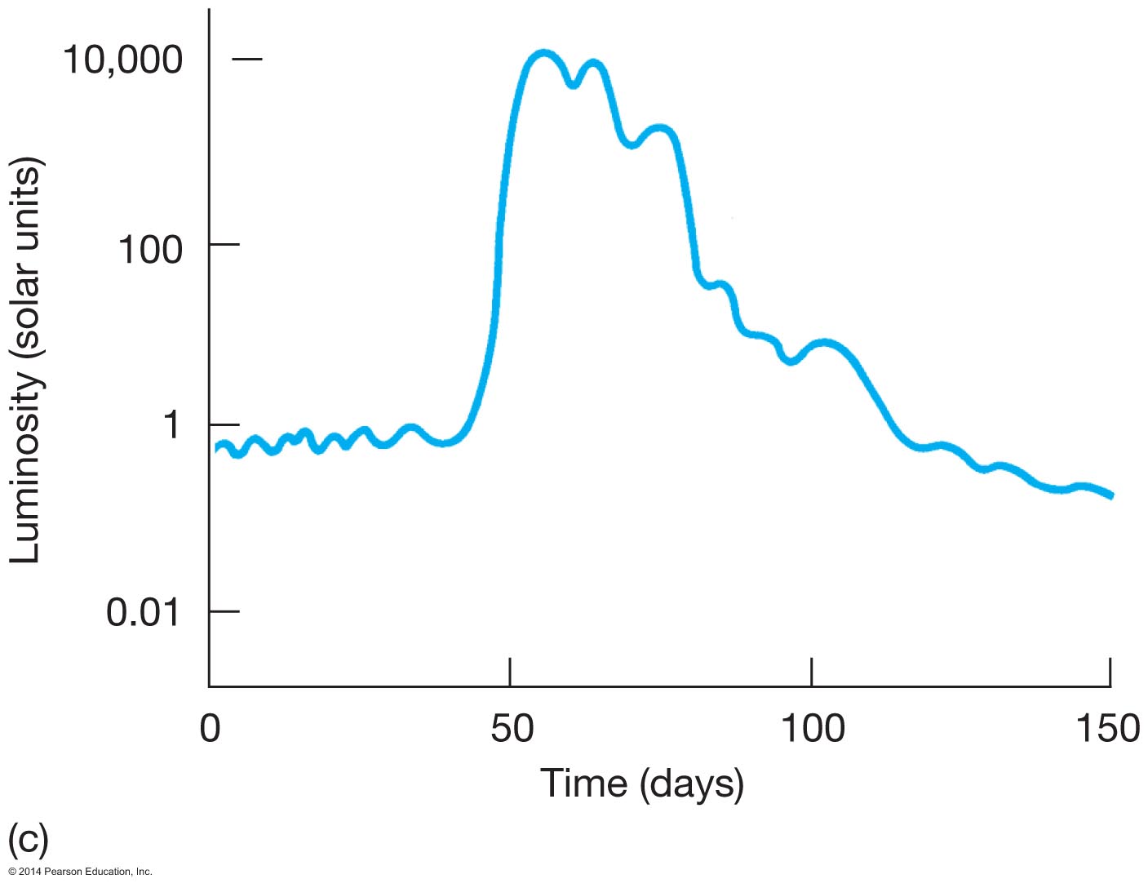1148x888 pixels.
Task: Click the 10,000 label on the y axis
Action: coord(122,60)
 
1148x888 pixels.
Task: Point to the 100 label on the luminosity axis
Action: coord(150,249)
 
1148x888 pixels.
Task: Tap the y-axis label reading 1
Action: coord(171,425)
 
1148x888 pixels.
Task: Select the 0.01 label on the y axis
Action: coord(143,612)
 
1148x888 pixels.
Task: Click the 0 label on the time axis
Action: coord(210,728)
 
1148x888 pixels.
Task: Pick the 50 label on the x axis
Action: coord(512,728)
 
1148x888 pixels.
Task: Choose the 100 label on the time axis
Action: coord(813,728)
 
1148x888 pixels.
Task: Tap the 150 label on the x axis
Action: coord(1107,728)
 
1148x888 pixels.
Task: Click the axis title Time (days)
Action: coord(642,784)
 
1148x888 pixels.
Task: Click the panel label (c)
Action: coord(28,838)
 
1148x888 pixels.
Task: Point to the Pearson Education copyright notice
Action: coord(80,872)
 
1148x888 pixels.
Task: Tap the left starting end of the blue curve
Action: coord(217,448)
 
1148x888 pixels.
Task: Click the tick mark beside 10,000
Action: coord(247,59)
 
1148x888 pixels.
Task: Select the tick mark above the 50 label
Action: coord(509,672)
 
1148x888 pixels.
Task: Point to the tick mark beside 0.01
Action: coord(224,611)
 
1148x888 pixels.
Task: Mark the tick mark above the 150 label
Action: coord(1110,672)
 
